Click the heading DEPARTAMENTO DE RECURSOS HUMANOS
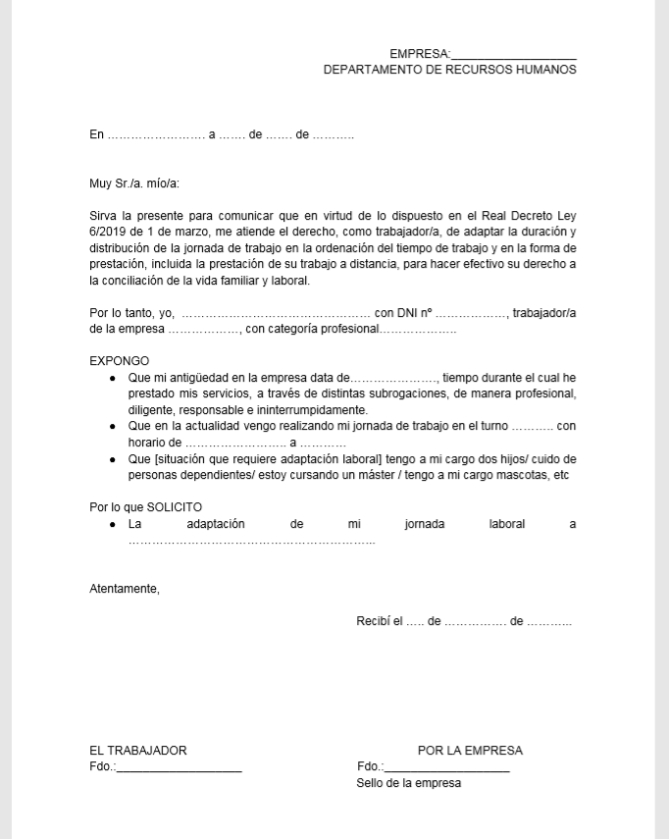[x=449, y=71]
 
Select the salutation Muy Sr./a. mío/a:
[x=134, y=184]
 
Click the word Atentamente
[x=124, y=589]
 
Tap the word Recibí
[x=374, y=622]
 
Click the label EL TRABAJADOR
[x=138, y=751]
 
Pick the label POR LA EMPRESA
[x=470, y=751]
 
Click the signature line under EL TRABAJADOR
[x=179, y=769]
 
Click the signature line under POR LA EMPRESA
[x=446, y=769]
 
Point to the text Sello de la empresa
[x=408, y=784]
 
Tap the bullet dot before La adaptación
[x=114, y=525]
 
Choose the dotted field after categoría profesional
[x=418, y=330]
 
